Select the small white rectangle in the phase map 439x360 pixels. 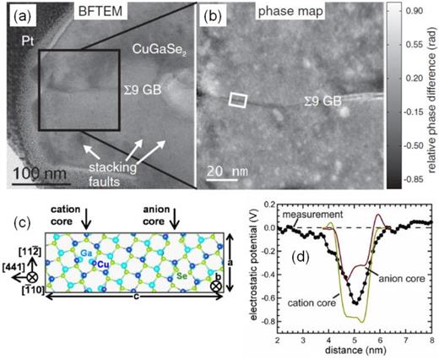pos(239,101)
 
